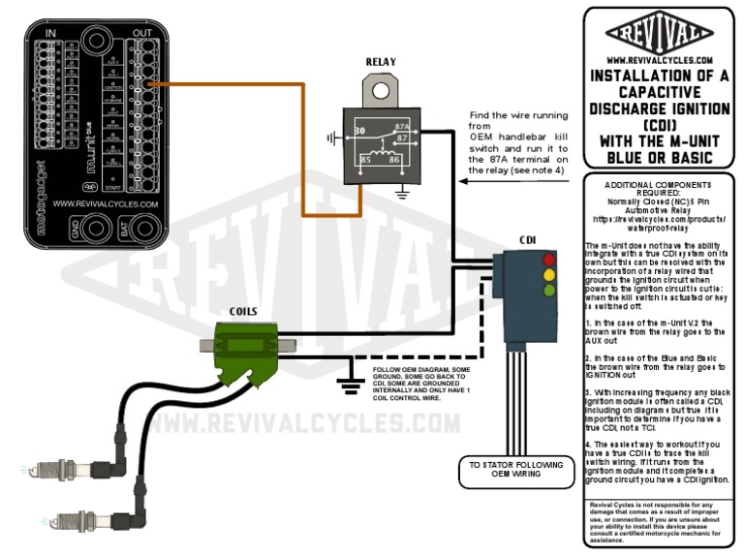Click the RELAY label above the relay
click(x=381, y=62)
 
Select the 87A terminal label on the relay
click(x=401, y=127)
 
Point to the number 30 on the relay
click(x=359, y=129)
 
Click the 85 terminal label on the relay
click(x=366, y=159)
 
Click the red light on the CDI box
click(x=549, y=260)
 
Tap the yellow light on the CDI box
click(x=549, y=274)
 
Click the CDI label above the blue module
click(x=528, y=239)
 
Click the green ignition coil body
click(x=247, y=344)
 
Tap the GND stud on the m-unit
click(x=96, y=230)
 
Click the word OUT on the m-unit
click(x=142, y=34)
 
